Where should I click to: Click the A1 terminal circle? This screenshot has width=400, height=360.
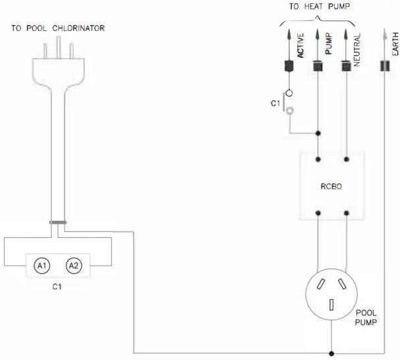[42, 266]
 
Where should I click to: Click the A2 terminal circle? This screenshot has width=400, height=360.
[73, 266]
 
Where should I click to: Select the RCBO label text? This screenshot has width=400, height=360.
[332, 187]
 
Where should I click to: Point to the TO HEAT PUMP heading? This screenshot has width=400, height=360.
[320, 7]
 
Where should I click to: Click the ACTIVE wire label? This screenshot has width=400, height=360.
[300, 46]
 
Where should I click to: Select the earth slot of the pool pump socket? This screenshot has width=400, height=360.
[332, 305]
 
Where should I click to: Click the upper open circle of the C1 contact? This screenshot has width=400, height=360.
[288, 94]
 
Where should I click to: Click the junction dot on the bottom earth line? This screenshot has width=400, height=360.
[332, 353]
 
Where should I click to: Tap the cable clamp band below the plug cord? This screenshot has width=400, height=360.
[57, 222]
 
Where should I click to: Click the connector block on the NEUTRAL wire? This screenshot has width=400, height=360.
[345, 66]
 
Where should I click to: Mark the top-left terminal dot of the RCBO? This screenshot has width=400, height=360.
[318, 158]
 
